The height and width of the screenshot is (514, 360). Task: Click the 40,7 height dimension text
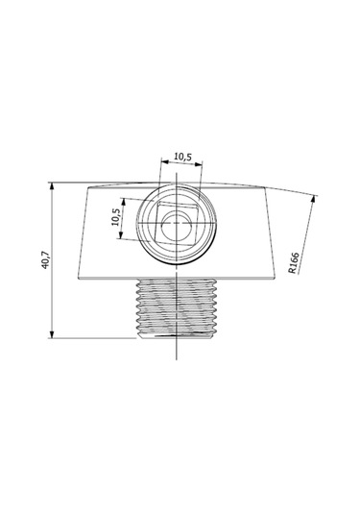[45, 260]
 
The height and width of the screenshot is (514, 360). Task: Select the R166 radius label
[294, 262]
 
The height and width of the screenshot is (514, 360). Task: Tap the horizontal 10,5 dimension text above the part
[182, 157]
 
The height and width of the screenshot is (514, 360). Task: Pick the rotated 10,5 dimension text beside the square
[116, 217]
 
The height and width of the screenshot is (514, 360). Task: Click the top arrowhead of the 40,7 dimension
[52, 185]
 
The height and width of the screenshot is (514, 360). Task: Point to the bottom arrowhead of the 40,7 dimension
[52, 334]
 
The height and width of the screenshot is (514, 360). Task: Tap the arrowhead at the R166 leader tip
[313, 198]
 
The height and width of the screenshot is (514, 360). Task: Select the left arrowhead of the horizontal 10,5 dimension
[165, 161]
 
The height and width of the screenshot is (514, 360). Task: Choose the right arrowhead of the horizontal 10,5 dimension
[199, 163]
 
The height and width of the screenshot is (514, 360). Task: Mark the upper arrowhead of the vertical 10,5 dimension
[123, 202]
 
